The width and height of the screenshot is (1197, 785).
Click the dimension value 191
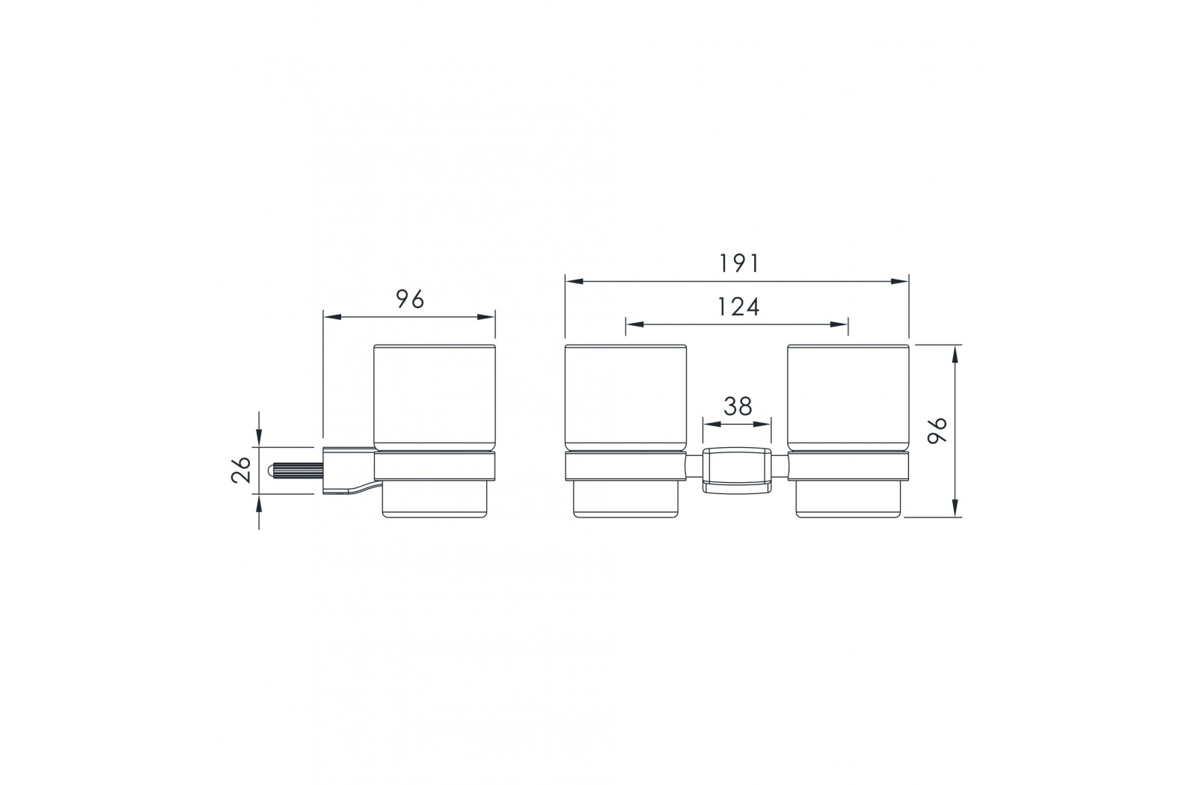pyautogui.click(x=738, y=264)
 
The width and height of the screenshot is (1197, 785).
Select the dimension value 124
pyautogui.click(x=738, y=307)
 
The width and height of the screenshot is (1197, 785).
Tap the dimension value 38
pyautogui.click(x=738, y=407)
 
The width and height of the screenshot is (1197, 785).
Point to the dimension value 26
pyautogui.click(x=242, y=470)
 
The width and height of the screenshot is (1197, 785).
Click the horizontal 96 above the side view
pyautogui.click(x=410, y=299)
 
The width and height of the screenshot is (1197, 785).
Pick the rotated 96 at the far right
pyautogui.click(x=937, y=431)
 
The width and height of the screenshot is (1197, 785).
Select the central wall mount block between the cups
pyautogui.click(x=737, y=470)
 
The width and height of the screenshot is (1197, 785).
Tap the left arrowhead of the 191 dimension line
pyautogui.click(x=574, y=281)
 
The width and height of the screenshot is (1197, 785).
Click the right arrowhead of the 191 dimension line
pyautogui.click(x=900, y=281)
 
